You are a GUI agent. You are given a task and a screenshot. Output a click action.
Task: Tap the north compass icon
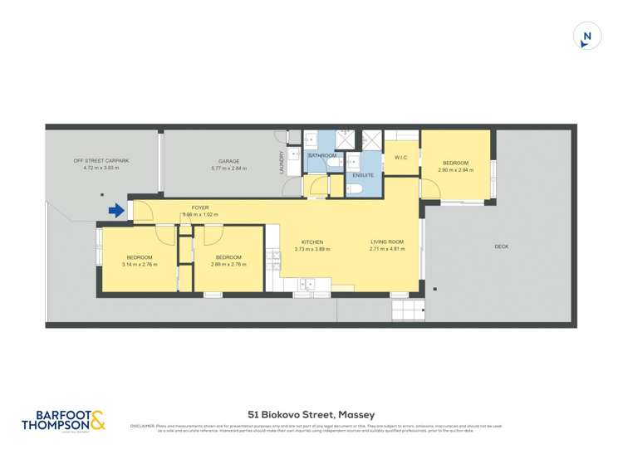pos(587,37)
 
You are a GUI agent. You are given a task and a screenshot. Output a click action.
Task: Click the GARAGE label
pos(229,161)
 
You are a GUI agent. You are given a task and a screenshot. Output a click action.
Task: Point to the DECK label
pos(501,247)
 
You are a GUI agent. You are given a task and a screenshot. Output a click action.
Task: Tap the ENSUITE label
pos(363,175)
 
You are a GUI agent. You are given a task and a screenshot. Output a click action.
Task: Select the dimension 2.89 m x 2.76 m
pos(228,265)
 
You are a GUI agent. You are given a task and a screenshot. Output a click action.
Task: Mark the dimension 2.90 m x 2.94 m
pos(455,170)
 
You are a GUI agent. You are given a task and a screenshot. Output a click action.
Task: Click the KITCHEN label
pos(312,242)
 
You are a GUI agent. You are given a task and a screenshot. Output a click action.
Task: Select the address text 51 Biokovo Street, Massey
pos(311,414)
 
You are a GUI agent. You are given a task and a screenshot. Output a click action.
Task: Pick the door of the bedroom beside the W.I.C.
pos(430,190)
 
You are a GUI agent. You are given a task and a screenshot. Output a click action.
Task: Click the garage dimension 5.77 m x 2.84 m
pos(229,168)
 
